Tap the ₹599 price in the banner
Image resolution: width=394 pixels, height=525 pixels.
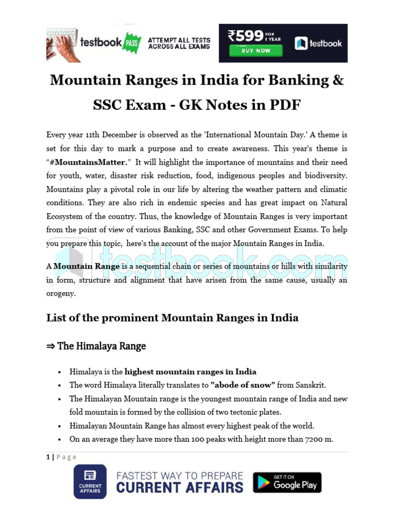pyautogui.click(x=245, y=36)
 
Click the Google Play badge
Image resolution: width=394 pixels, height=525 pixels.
pyautogui.click(x=287, y=482)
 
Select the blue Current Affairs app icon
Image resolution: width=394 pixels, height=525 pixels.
pyautogui.click(x=90, y=481)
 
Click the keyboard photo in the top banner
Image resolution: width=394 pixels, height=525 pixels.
pyautogui.click(x=63, y=44)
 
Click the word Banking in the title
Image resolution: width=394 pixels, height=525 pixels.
pyautogui.click(x=299, y=80)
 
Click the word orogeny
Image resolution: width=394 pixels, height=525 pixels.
pyautogui.click(x=61, y=294)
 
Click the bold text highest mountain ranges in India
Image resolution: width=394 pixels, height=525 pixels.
pyautogui.click(x=190, y=372)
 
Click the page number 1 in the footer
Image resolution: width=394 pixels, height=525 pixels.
pyautogui.click(x=48, y=457)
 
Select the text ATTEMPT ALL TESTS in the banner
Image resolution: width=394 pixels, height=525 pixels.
pyautogui.click(x=179, y=40)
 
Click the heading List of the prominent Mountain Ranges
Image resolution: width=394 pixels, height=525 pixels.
pyautogui.click(x=172, y=318)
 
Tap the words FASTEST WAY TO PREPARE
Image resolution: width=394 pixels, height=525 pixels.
pyautogui.click(x=180, y=475)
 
